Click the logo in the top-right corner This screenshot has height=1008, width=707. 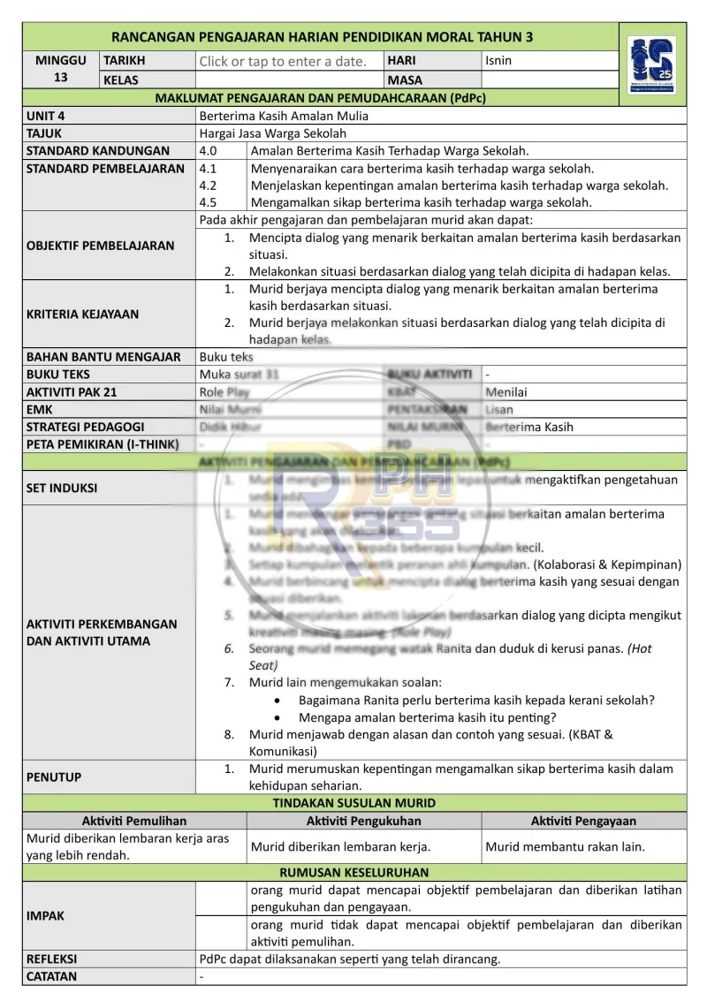point(652,64)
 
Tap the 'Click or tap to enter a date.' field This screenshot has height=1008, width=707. point(283,61)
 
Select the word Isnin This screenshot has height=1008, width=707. point(498,61)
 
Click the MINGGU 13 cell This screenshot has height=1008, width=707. point(61,70)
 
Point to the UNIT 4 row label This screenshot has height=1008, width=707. point(46,116)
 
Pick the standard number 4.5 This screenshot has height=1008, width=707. point(209,202)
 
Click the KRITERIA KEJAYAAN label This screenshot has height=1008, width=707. point(83,314)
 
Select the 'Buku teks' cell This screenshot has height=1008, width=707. point(226,357)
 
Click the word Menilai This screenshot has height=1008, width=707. point(506,391)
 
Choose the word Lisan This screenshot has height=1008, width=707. point(499,409)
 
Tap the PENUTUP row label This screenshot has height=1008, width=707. point(54,777)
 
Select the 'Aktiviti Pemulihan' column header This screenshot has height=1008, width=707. point(134,821)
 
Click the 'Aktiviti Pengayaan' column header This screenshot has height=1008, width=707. point(583,821)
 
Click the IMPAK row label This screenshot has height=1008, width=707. point(46,916)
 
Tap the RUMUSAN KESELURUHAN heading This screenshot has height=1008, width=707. point(354,872)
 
